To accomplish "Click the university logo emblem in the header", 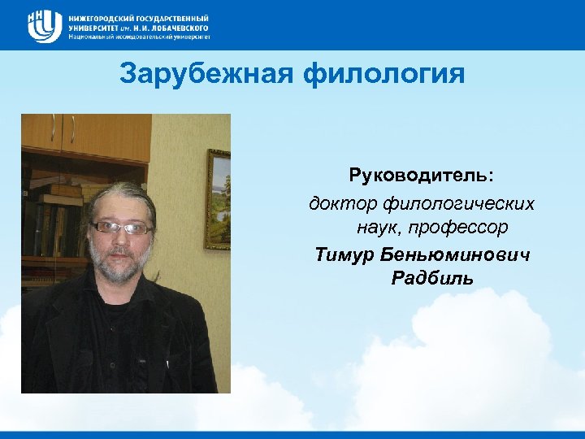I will tap(44, 26).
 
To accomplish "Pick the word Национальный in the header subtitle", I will tap(92, 37).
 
